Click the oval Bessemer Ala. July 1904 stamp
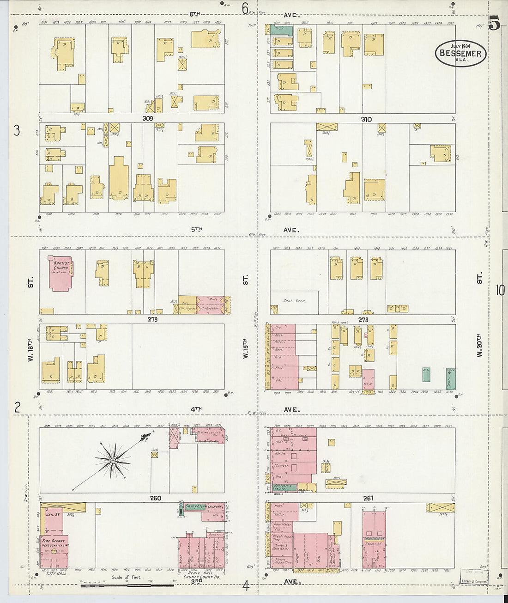click(x=460, y=53)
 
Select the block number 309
click(x=148, y=119)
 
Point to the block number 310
click(x=366, y=119)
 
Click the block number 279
click(x=152, y=319)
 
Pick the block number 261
click(x=368, y=498)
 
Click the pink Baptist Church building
click(x=60, y=273)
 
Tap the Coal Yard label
click(x=294, y=300)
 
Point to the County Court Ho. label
click(x=201, y=577)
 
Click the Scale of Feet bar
click(x=127, y=585)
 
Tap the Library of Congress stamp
click(x=473, y=581)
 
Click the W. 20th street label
click(x=479, y=345)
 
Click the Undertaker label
click(x=211, y=308)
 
